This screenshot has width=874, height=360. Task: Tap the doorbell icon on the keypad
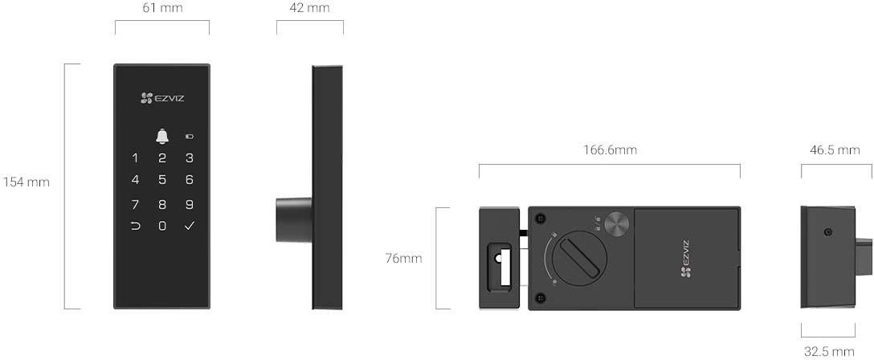click(162, 136)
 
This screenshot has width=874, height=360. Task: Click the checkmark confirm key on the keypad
click(190, 226)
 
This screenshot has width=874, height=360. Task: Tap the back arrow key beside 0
click(135, 226)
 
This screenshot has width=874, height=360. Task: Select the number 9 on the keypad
click(190, 204)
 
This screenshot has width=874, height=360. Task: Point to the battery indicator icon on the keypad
click(190, 137)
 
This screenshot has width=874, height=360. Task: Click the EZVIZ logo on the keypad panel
click(162, 98)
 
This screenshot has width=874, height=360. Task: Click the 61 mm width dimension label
click(161, 8)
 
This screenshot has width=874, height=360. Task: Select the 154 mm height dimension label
click(27, 182)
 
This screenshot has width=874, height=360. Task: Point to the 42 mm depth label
click(309, 8)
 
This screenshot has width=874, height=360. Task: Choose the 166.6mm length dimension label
click(610, 150)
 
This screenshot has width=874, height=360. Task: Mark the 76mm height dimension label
click(402, 258)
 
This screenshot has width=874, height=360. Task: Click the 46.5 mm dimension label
click(835, 150)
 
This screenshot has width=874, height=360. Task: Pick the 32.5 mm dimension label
click(829, 351)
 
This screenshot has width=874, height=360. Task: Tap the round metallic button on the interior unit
click(618, 224)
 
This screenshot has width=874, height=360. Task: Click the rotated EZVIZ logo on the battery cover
click(685, 259)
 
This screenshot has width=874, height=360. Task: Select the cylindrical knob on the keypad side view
click(293, 219)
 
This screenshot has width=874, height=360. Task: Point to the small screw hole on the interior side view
click(827, 233)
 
